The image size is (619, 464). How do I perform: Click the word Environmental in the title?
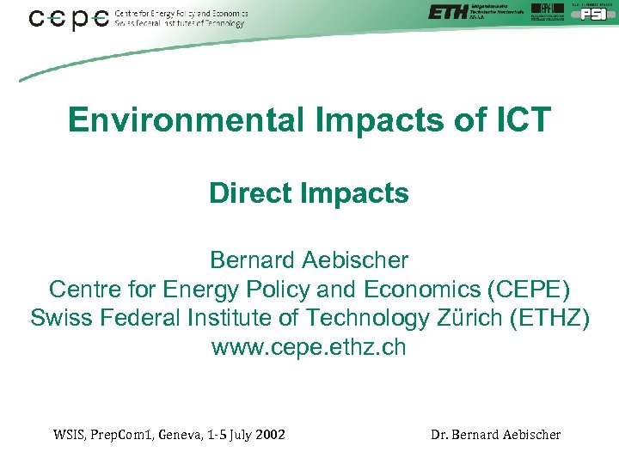click(x=186, y=120)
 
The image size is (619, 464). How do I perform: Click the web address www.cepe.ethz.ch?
click(x=309, y=348)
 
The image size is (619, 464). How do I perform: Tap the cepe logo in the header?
click(x=69, y=18)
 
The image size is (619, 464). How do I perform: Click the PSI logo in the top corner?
click(x=593, y=13)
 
